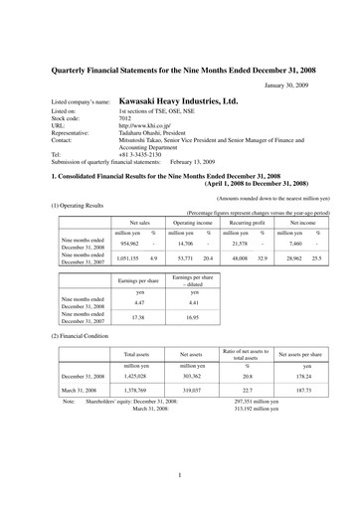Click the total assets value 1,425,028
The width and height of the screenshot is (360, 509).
pyautogui.click(x=136, y=377)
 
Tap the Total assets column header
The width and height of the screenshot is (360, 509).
pyautogui.click(x=136, y=353)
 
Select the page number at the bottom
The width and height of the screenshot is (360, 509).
pyautogui.click(x=180, y=474)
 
